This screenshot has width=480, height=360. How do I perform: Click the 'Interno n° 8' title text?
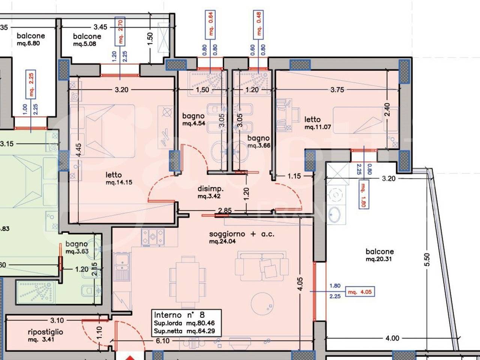(179, 315)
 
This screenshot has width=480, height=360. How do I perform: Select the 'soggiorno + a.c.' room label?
(241, 234)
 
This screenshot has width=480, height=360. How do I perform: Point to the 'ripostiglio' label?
(45, 332)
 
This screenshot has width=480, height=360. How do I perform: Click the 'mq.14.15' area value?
(119, 182)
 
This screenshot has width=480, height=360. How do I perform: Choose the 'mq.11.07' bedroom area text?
(318, 127)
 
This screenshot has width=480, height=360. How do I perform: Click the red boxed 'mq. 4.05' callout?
(360, 292)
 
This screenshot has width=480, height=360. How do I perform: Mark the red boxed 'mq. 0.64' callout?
(210, 25)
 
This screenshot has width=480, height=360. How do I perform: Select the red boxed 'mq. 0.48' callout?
(258, 25)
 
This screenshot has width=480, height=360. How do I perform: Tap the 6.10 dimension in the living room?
(163, 340)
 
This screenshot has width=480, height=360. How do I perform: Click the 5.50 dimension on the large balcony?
(427, 259)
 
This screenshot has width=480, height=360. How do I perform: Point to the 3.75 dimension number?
(337, 90)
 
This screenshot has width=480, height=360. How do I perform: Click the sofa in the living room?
(262, 266)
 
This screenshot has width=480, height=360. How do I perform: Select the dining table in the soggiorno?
(187, 282)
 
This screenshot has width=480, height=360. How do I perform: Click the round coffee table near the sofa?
(262, 304)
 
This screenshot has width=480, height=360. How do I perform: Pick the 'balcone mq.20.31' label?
(379, 255)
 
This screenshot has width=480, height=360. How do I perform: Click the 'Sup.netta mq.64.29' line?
(184, 331)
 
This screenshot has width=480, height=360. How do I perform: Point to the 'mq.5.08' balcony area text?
(85, 44)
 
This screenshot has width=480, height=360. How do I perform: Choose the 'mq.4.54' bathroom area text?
(194, 123)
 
